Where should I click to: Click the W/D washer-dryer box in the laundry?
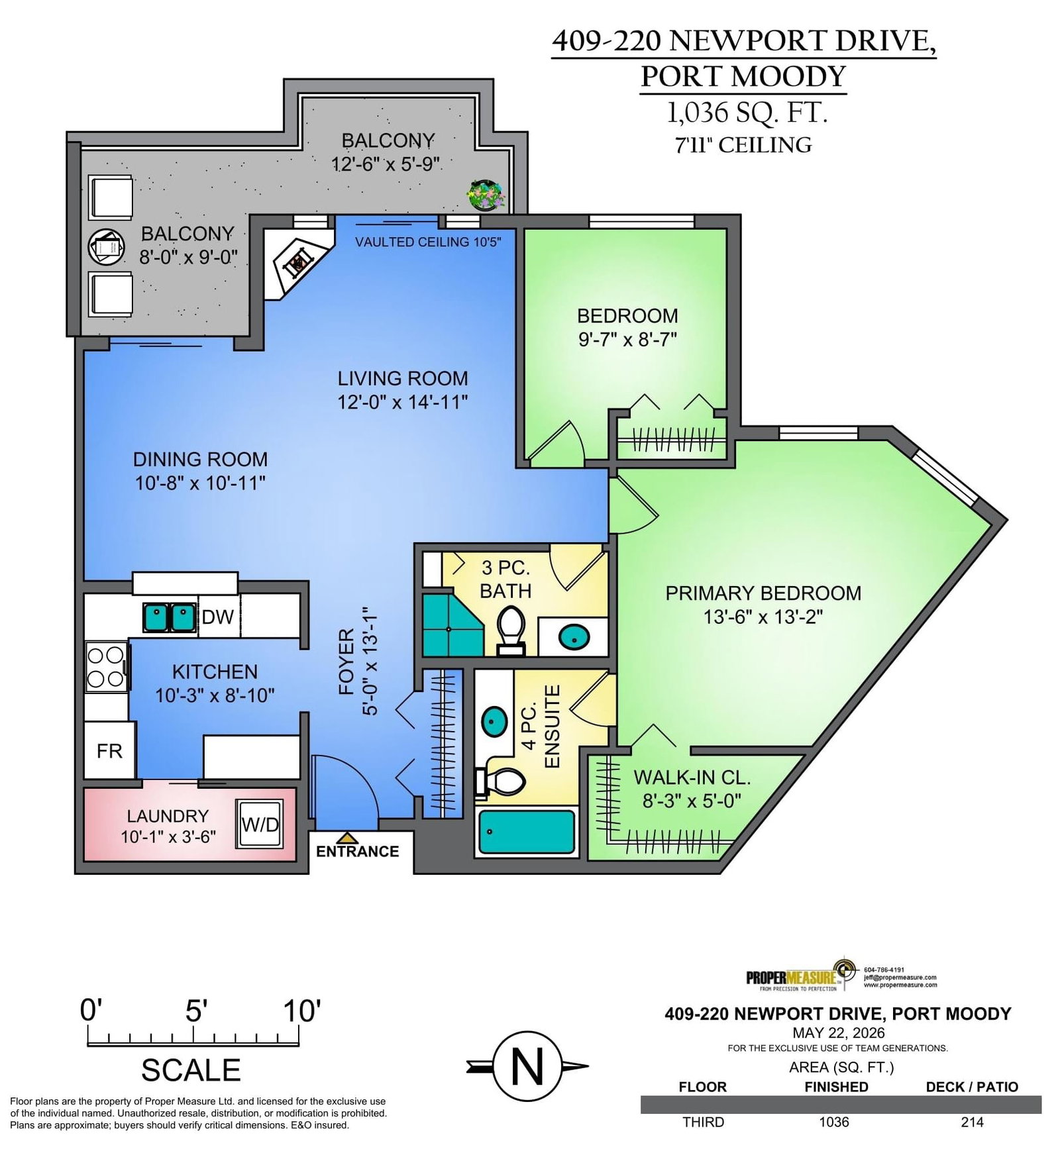pyautogui.click(x=260, y=824)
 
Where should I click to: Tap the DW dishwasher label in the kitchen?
pyautogui.click(x=217, y=617)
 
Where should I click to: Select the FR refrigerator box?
pyautogui.click(x=109, y=750)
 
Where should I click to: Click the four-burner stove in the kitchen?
pyautogui.click(x=106, y=667)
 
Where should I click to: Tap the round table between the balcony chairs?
pyautogui.click(x=107, y=246)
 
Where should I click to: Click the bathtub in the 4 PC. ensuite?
pyautogui.click(x=527, y=832)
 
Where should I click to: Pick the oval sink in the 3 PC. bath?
pyautogui.click(x=574, y=638)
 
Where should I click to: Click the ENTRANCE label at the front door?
pyautogui.click(x=357, y=852)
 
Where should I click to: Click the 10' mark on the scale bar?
pyautogui.click(x=301, y=1011)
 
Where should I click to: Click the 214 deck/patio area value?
pyautogui.click(x=972, y=1122)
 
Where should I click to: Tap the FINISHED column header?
pyautogui.click(x=836, y=1087)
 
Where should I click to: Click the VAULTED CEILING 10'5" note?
pyautogui.click(x=428, y=242)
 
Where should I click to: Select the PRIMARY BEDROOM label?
pyautogui.click(x=763, y=593)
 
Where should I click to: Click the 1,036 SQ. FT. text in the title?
pyautogui.click(x=747, y=113)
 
